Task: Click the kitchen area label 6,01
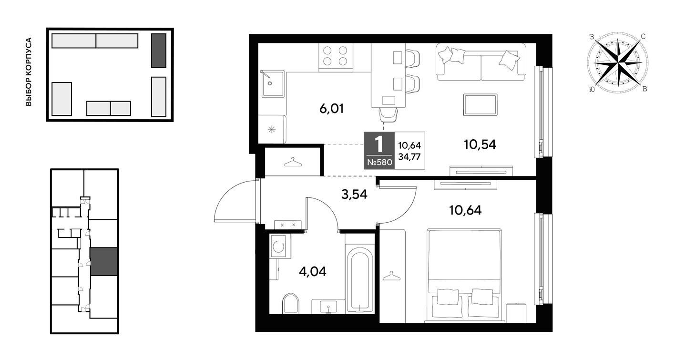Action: (x=331, y=109)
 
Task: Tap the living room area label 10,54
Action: (x=480, y=145)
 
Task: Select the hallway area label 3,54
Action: (x=354, y=195)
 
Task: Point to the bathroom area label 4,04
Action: (x=313, y=272)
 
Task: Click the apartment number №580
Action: (x=379, y=163)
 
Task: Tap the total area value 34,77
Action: (x=409, y=156)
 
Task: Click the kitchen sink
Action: (x=273, y=84)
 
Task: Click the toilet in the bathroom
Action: (x=291, y=303)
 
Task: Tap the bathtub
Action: (x=360, y=280)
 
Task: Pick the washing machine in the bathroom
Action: (x=280, y=247)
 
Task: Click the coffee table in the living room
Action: (x=481, y=104)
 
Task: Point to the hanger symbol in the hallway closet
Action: (x=293, y=163)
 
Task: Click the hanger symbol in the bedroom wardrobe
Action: (x=392, y=276)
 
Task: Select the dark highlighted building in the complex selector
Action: (x=159, y=51)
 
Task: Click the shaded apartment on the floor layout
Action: (x=103, y=262)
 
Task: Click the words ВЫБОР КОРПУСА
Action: (x=28, y=72)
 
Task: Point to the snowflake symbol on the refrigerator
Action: (x=272, y=130)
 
